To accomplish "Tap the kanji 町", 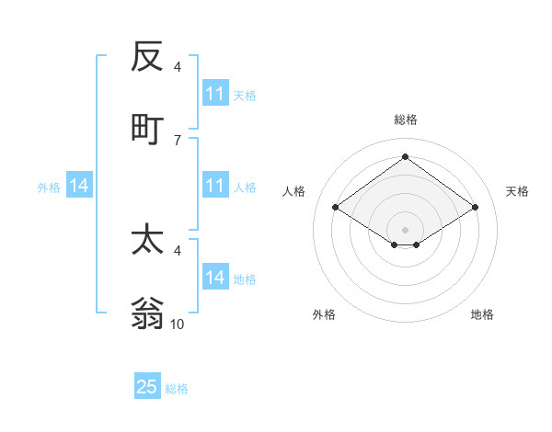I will tap(147, 129).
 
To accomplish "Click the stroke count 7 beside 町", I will tap(177, 140).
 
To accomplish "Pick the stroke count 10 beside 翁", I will tap(178, 324).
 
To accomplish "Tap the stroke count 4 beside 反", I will tap(178, 67).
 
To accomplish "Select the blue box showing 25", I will tap(147, 387).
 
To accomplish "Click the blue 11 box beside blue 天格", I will tap(215, 94).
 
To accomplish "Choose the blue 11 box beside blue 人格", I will tap(215, 186).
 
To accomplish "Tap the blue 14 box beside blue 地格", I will tap(215, 278).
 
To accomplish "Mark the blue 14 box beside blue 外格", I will tap(79, 186).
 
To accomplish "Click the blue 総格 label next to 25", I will tap(178, 389).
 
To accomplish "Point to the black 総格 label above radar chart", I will tap(406, 119).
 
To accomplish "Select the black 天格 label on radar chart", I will tap(518, 191).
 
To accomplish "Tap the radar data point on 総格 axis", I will tap(406, 157).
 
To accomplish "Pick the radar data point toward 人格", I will tap(336, 208).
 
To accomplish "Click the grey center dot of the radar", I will tap(406, 228).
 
